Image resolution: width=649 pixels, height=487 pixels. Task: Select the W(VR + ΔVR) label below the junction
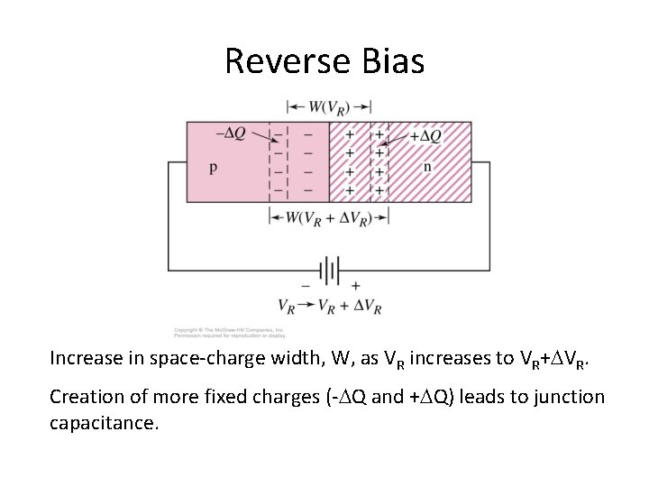point(328,217)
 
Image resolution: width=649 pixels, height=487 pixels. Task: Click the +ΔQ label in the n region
point(425,136)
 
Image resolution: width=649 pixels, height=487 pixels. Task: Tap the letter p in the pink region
point(213,167)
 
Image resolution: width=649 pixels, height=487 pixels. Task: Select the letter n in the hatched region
point(427,167)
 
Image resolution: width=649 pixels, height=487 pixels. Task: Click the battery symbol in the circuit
point(328,270)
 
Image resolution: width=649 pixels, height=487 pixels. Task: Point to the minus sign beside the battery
point(304,285)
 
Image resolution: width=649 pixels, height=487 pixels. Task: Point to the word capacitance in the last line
point(104,422)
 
